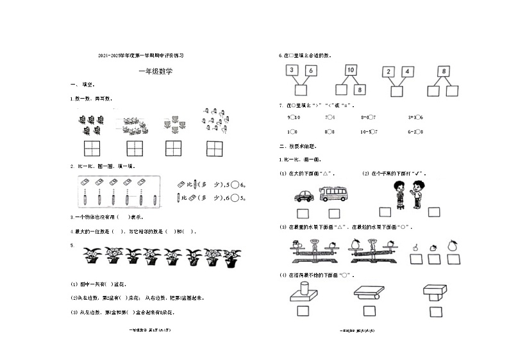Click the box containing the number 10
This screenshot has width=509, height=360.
[x=351, y=70]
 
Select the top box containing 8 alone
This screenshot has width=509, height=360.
[x=444, y=70]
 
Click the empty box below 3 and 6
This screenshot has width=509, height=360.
[x=301, y=90]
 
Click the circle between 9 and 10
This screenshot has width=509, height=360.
[x=292, y=117]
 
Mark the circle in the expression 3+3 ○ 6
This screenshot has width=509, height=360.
[x=417, y=117]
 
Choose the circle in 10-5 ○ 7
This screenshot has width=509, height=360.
[x=372, y=132]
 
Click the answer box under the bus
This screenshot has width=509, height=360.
[x=334, y=213]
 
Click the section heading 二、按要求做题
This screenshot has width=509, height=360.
[x=294, y=146]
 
